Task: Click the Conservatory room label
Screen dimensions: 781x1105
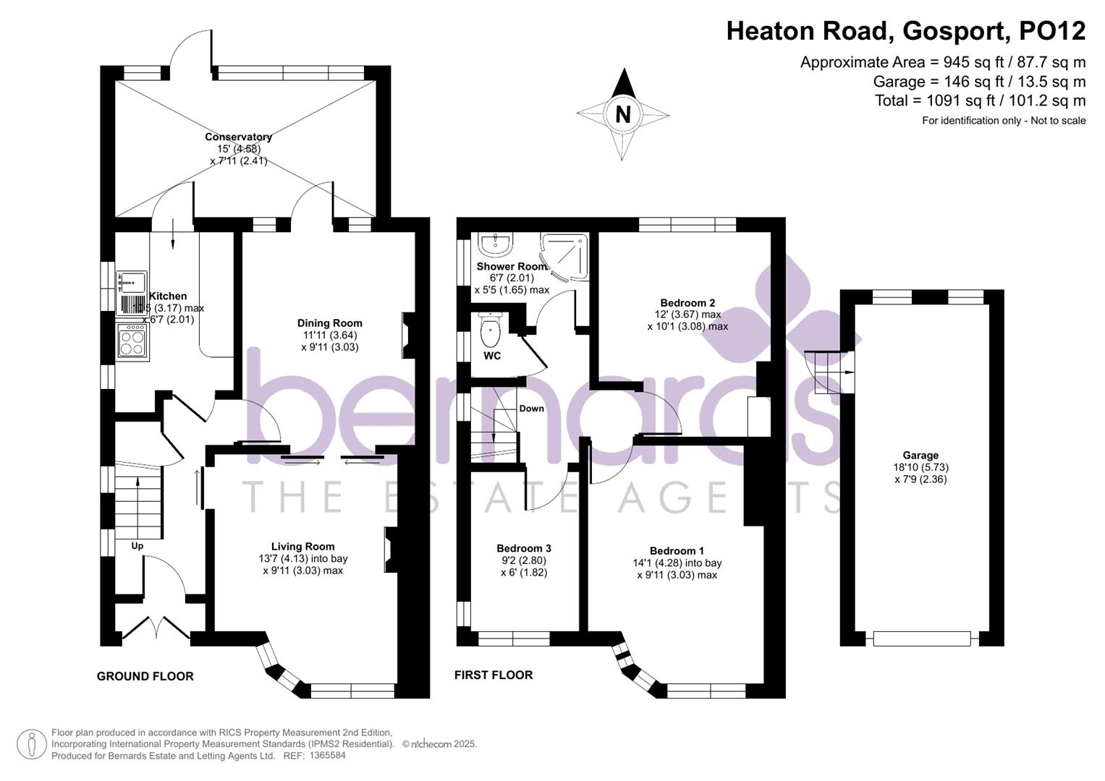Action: pyautogui.click(x=238, y=137)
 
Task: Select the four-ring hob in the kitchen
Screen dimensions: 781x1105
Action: pyautogui.click(x=133, y=341)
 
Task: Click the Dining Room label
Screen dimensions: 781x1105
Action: pyautogui.click(x=329, y=323)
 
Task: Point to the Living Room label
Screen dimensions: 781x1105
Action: pyautogui.click(x=302, y=547)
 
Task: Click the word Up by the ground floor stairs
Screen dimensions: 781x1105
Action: pyautogui.click(x=137, y=546)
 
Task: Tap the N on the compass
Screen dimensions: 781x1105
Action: pyautogui.click(x=622, y=114)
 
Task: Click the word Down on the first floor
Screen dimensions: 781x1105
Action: pyautogui.click(x=531, y=409)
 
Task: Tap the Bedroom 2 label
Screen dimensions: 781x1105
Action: pyautogui.click(x=687, y=303)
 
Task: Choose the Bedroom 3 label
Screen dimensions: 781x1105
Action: pyautogui.click(x=523, y=548)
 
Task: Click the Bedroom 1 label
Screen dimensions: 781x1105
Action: pyautogui.click(x=677, y=551)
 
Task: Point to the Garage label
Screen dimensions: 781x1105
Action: pyautogui.click(x=920, y=456)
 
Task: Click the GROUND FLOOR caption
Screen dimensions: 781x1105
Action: pyautogui.click(x=145, y=676)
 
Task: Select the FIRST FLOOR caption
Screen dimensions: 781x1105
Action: pyautogui.click(x=494, y=675)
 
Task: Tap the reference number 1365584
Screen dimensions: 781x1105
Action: pyautogui.click(x=328, y=756)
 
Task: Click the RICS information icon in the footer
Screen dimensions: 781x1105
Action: pyautogui.click(x=31, y=744)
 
